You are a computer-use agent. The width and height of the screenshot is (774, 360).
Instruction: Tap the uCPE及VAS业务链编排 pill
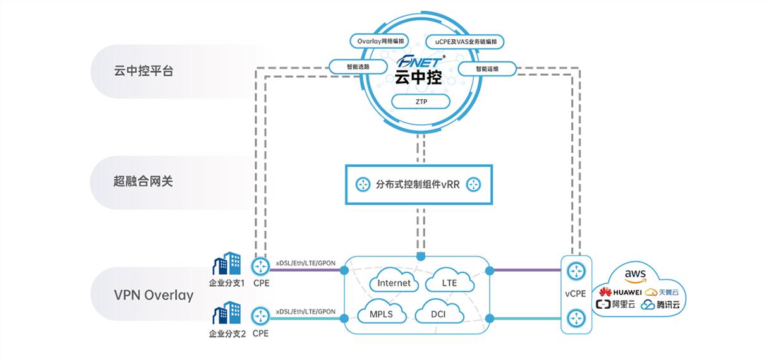click(465, 42)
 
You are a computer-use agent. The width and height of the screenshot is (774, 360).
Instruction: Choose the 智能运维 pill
click(487, 69)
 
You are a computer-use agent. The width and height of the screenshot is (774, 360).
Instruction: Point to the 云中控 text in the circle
click(418, 78)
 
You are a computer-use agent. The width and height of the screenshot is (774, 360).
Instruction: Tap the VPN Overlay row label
click(154, 295)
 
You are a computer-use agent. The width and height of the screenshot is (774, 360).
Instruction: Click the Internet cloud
click(394, 283)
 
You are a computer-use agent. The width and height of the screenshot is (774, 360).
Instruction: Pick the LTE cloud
click(449, 283)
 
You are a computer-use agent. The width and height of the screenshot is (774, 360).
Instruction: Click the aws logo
click(634, 275)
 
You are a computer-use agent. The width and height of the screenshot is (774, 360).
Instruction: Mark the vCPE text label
click(576, 293)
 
